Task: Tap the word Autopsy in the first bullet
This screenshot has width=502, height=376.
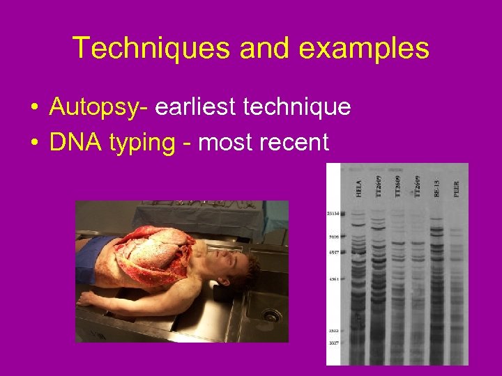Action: (94, 107)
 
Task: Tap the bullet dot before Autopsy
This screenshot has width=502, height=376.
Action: (33, 108)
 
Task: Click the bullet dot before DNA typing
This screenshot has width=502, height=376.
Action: (33, 143)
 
